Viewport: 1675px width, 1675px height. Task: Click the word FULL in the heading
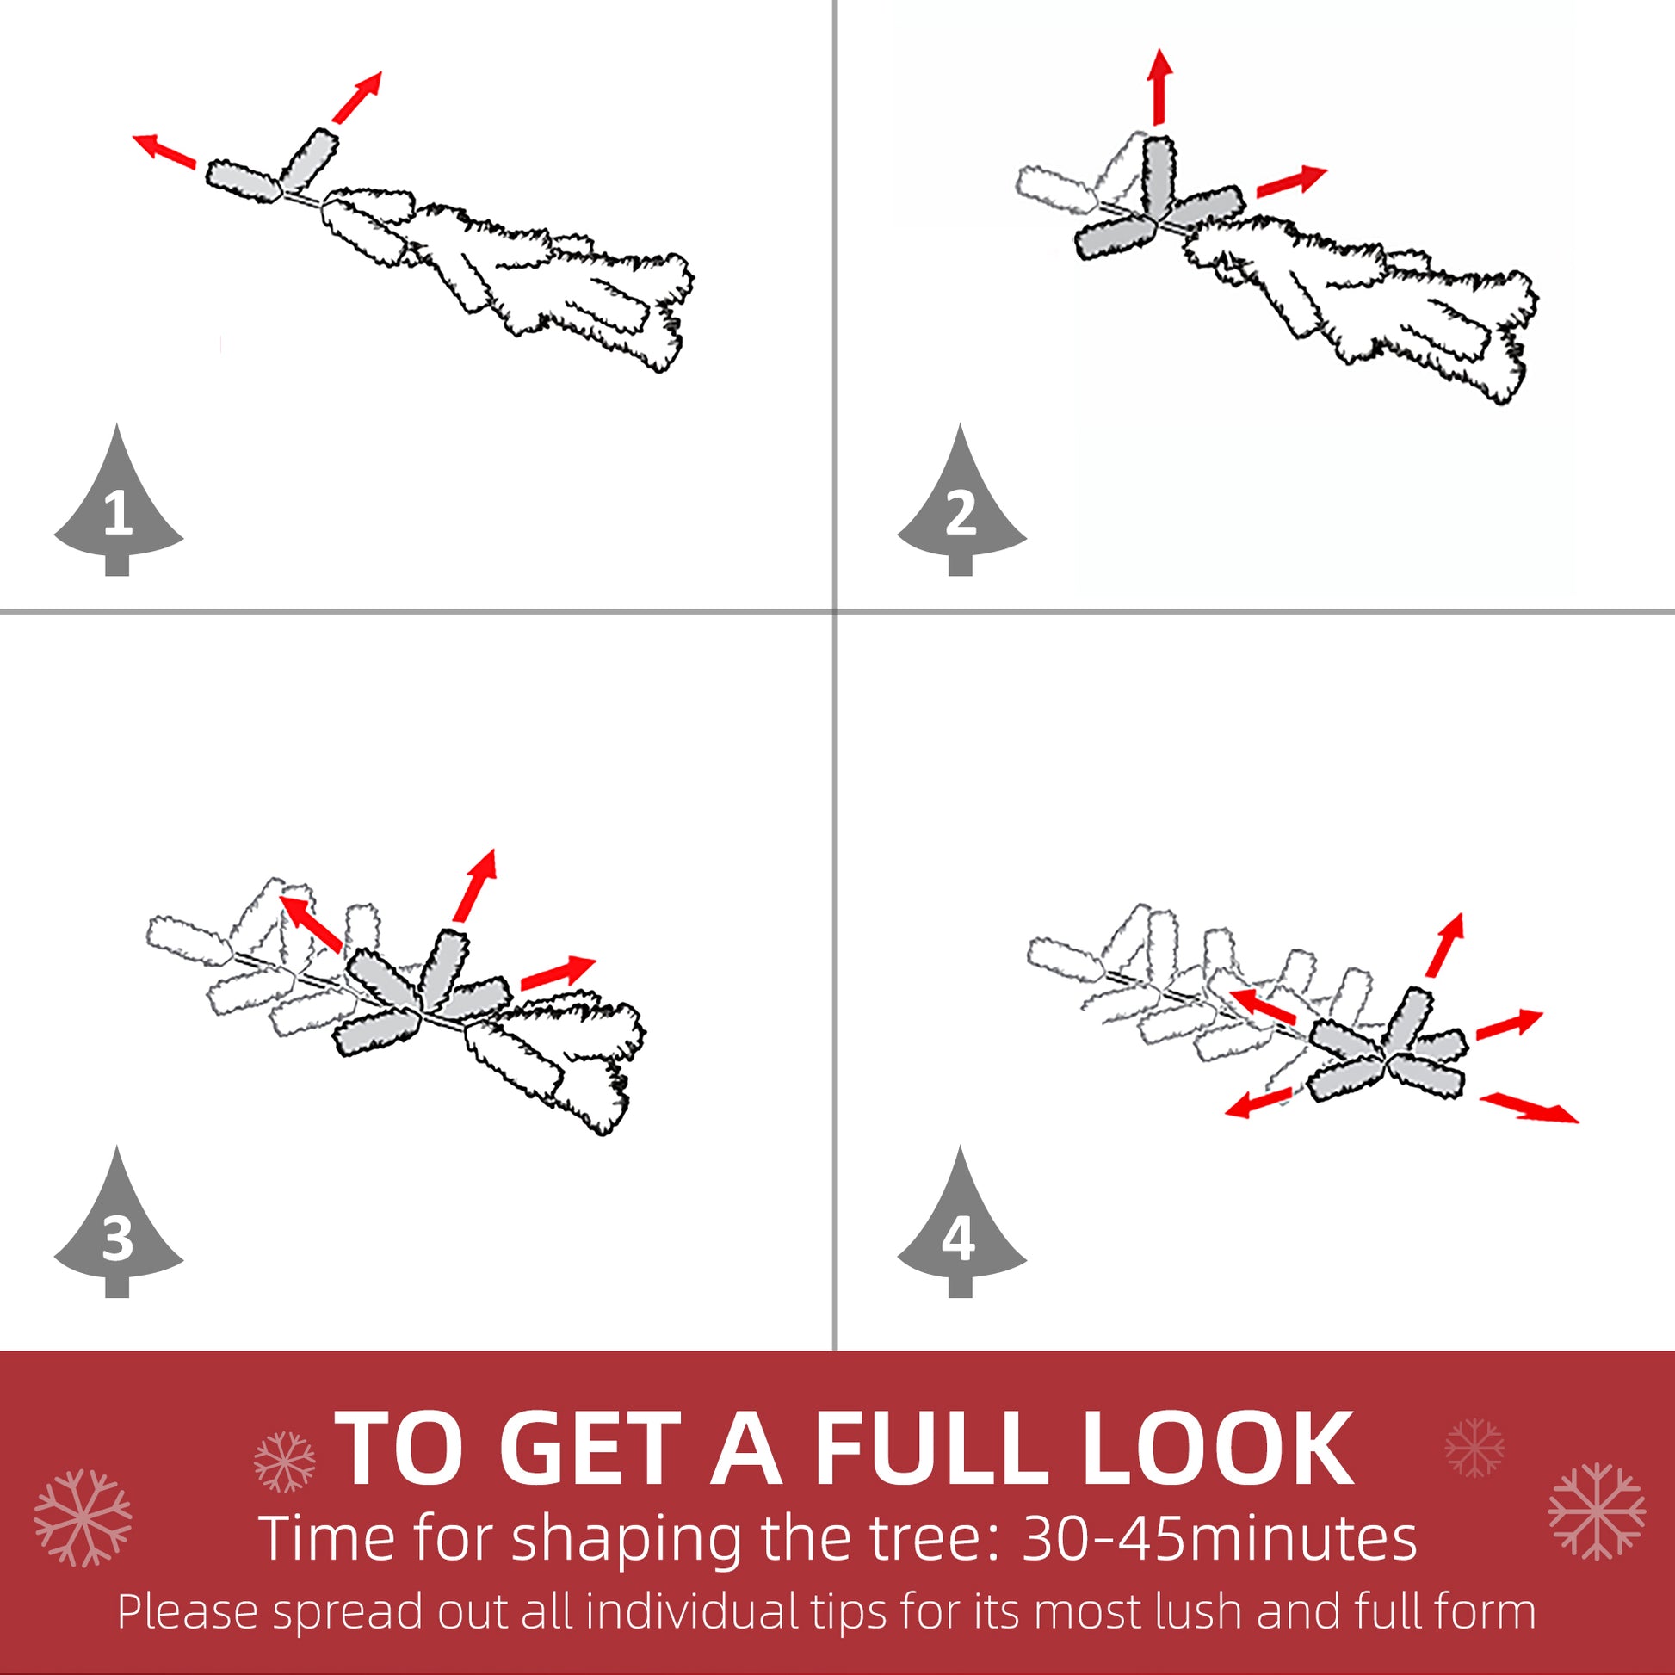[x=931, y=1449]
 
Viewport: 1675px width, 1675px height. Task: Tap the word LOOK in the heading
[x=1217, y=1449]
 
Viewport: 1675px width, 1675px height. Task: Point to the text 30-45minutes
[x=1219, y=1539]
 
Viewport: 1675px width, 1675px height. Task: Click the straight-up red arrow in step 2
[x=1159, y=87]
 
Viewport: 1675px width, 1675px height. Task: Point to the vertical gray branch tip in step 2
[x=1159, y=177]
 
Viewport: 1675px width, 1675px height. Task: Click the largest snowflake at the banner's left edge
[x=83, y=1517]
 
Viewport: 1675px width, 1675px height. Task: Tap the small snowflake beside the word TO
[x=284, y=1462]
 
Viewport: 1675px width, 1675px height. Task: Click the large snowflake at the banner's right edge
[x=1596, y=1511]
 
